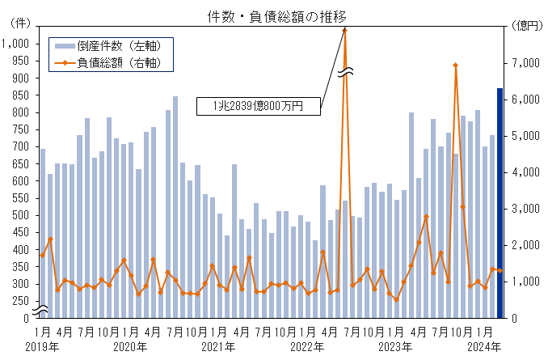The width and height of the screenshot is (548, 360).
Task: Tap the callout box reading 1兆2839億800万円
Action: (258, 105)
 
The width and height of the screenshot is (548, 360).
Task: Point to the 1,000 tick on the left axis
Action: (15, 44)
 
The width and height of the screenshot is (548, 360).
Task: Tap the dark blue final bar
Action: (500, 202)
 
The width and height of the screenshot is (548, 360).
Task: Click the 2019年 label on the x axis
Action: (42, 347)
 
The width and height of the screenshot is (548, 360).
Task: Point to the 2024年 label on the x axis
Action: (486, 347)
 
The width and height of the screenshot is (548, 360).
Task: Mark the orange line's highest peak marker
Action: (345, 30)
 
